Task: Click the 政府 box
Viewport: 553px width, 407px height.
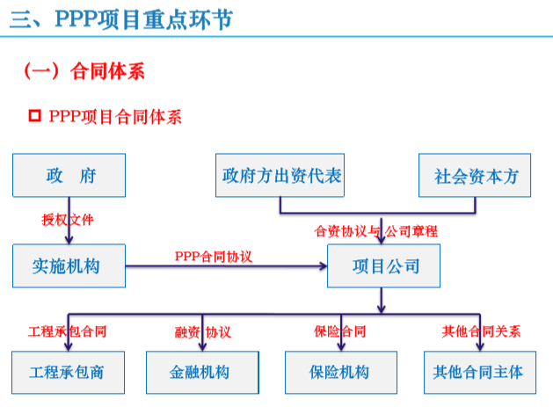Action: click(x=69, y=175)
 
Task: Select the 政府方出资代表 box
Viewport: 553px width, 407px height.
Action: click(x=280, y=175)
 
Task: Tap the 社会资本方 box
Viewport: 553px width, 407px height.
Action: click(x=476, y=175)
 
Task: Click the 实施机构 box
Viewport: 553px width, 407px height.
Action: click(x=69, y=265)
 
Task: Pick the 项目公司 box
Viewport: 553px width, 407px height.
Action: click(x=382, y=265)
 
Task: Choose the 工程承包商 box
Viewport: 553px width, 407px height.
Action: click(x=67, y=372)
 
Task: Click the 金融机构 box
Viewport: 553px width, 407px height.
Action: click(x=202, y=372)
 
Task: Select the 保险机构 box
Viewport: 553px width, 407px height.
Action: click(x=339, y=372)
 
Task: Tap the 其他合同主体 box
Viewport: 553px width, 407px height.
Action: click(x=478, y=372)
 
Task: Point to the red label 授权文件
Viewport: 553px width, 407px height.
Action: click(x=68, y=219)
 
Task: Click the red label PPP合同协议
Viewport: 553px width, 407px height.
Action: click(x=214, y=256)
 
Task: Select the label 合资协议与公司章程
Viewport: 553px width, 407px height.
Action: click(x=376, y=231)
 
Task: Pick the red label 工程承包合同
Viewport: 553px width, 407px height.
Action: click(x=68, y=331)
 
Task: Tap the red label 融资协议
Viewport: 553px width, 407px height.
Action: click(x=202, y=331)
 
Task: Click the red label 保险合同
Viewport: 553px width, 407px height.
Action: click(x=339, y=331)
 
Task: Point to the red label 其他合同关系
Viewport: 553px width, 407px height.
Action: click(x=481, y=331)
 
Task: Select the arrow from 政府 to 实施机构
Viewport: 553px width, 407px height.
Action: click(x=69, y=230)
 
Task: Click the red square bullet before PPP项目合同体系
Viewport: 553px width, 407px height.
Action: click(x=35, y=116)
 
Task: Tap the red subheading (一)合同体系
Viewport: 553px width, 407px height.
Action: click(x=83, y=71)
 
